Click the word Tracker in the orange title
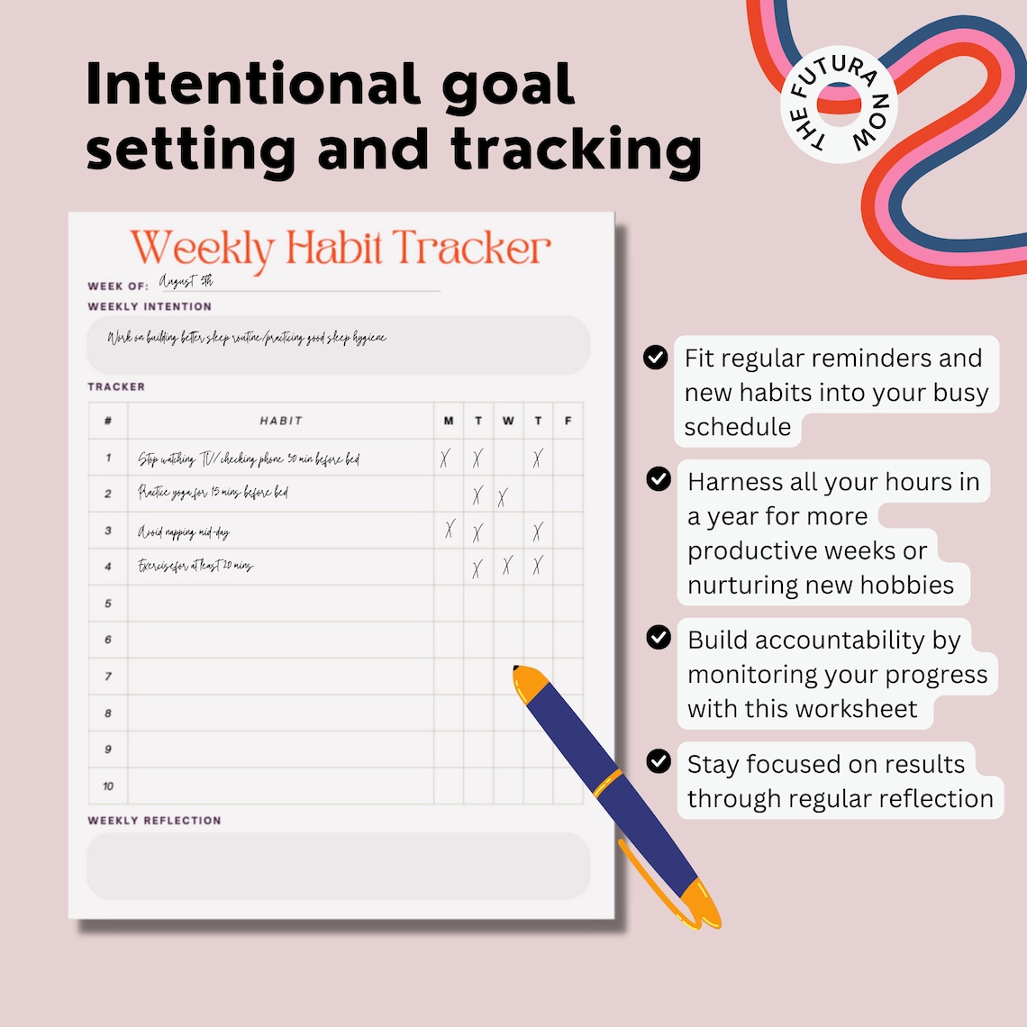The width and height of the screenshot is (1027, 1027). [470, 248]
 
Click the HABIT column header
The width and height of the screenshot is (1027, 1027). [281, 421]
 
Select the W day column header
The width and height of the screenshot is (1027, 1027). [508, 421]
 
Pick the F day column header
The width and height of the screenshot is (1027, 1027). [568, 421]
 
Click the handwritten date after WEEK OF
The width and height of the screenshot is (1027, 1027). [186, 282]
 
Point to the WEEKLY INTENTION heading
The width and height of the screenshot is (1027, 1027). [150, 306]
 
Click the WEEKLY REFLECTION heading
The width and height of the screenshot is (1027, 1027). [154, 821]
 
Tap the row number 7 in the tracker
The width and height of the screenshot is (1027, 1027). [108, 677]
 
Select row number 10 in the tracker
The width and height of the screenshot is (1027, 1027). [108, 786]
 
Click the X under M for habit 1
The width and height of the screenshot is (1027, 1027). [445, 459]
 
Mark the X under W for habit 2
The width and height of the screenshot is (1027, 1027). [503, 496]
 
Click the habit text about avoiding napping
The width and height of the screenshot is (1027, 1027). [184, 532]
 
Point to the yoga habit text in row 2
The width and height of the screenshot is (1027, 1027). [213, 493]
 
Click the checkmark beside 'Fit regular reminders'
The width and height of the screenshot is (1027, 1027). [656, 358]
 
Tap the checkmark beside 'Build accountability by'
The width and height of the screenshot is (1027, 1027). [659, 638]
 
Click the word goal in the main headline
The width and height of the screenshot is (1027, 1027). [508, 86]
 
